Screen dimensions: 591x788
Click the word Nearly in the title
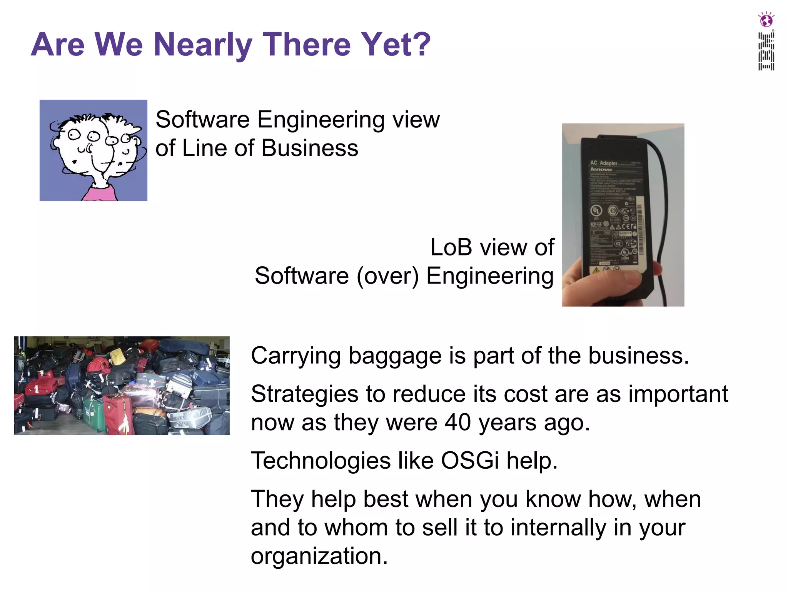tap(202, 45)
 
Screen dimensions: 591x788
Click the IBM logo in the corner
tap(766, 51)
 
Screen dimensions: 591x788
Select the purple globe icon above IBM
tap(766, 20)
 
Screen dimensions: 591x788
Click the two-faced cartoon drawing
tap(93, 150)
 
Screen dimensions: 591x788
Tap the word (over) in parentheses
tap(387, 276)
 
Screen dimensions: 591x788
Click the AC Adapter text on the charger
tap(604, 163)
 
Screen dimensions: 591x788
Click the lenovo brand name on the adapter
tap(601, 169)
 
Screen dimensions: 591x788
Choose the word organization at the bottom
tap(319, 556)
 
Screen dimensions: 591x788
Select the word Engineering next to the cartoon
tap(321, 119)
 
